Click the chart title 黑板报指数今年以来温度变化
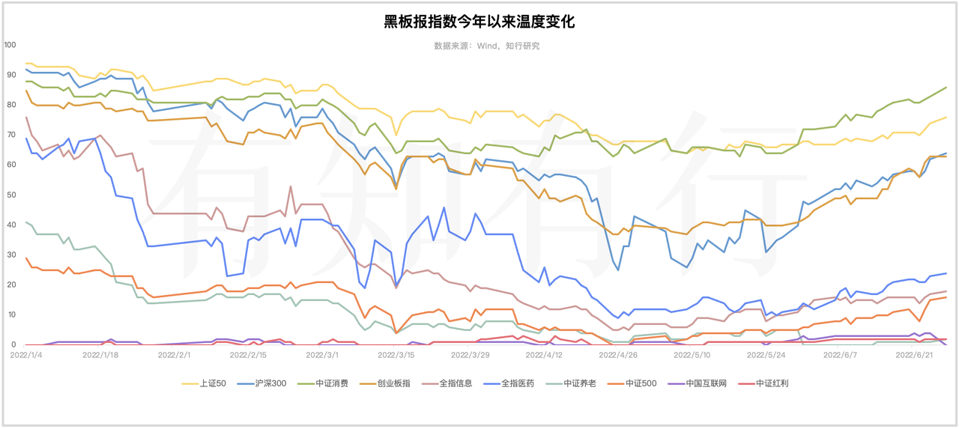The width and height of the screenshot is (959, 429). (x=479, y=22)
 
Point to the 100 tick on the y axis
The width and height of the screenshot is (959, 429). (x=10, y=45)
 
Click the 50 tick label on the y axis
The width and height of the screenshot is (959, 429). (x=10, y=195)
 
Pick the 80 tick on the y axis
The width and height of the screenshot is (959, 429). (x=10, y=105)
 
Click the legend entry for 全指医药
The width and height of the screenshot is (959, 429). (x=519, y=383)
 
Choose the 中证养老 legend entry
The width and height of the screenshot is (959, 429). (x=581, y=383)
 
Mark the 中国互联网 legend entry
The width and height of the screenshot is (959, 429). (x=707, y=383)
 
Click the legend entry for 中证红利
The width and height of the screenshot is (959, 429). (x=772, y=383)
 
